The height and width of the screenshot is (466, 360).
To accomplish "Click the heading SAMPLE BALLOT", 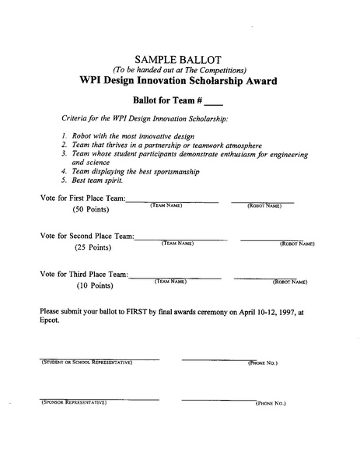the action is (x=179, y=59).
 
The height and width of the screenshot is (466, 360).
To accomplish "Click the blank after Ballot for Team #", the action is (x=213, y=102).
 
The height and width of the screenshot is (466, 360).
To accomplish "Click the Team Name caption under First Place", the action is (x=166, y=205).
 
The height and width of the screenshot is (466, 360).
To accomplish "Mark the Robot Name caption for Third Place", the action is (x=290, y=281).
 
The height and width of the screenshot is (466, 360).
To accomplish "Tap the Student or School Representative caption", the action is (x=86, y=363).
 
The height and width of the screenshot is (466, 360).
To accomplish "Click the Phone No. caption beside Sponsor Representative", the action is (x=271, y=404).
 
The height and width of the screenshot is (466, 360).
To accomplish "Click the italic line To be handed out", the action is (x=179, y=70).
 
